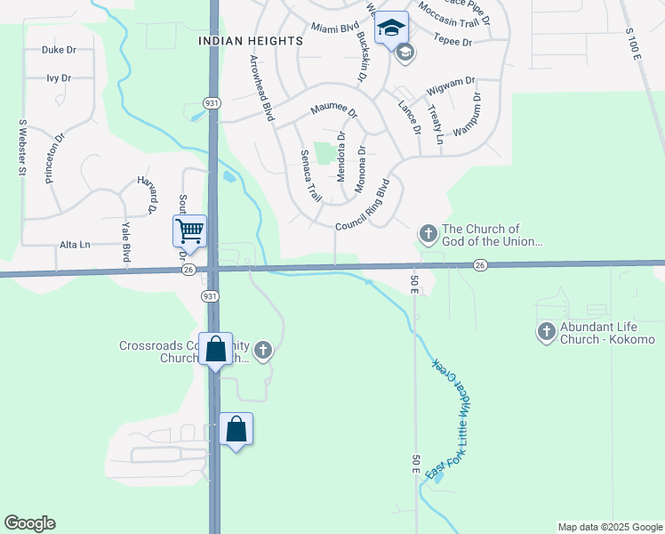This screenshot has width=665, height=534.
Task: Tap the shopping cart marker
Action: (x=189, y=231)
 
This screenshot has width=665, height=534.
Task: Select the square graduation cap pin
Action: (x=391, y=28)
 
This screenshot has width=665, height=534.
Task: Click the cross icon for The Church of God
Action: (x=428, y=234)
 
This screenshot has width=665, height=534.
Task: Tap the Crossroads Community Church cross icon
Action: (x=262, y=351)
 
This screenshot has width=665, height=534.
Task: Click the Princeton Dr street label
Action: (x=55, y=158)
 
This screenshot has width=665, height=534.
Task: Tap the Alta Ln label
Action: (x=75, y=245)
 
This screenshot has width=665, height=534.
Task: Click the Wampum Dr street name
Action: (x=469, y=114)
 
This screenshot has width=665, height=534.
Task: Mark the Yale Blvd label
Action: (x=126, y=241)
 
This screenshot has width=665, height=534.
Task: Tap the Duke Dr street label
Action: (x=57, y=51)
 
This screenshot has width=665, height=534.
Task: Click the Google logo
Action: (x=29, y=523)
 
